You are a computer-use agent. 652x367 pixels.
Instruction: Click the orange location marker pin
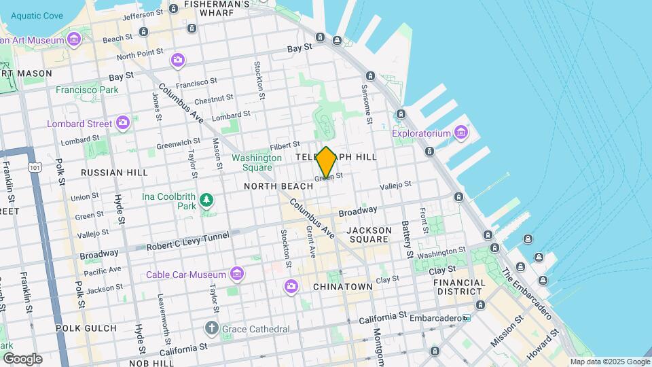click(326, 162)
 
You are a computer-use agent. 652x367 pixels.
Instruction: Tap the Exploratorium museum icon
click(461, 131)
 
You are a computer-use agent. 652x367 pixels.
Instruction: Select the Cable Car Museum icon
click(236, 273)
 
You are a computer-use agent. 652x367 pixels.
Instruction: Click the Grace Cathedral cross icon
click(212, 328)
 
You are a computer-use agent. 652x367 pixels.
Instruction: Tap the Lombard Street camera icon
click(123, 122)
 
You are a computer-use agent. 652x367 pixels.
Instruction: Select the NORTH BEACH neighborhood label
click(278, 186)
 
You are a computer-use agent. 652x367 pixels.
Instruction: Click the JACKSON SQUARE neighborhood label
click(369, 235)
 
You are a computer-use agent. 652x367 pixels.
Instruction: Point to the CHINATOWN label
click(342, 287)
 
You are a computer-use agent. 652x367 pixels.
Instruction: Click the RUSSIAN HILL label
click(114, 173)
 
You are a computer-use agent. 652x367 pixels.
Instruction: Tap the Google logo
click(22, 358)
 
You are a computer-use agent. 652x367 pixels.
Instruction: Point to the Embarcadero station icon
click(467, 318)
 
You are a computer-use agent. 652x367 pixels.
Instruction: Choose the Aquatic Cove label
click(36, 16)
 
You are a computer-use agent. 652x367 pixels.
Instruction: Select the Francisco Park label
click(87, 90)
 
